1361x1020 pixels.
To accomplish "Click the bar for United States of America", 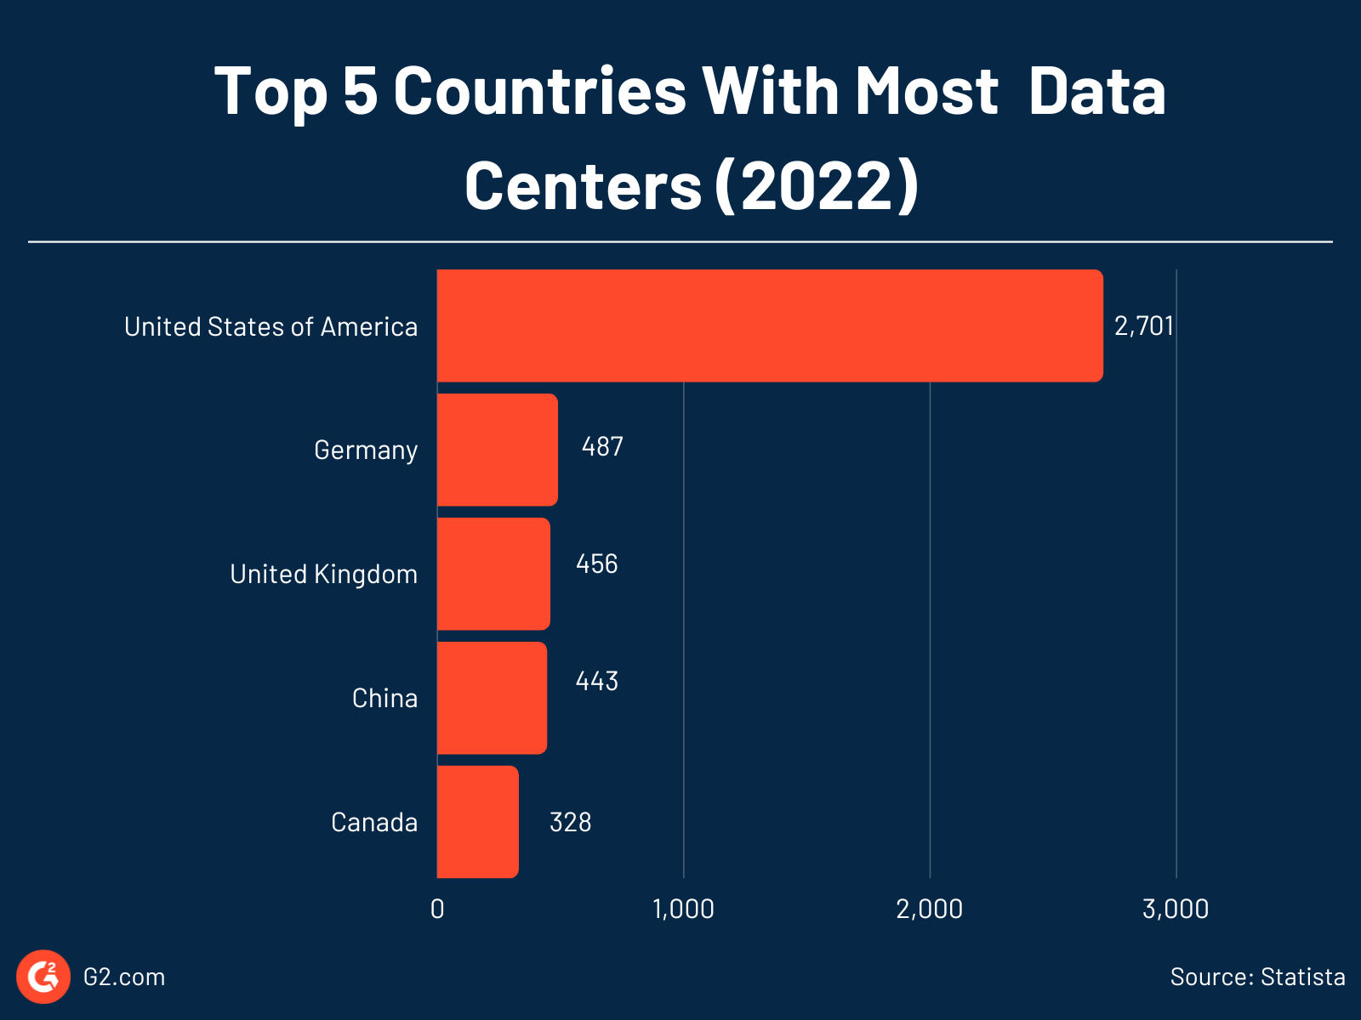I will pos(770,326).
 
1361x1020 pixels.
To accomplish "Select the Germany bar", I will pos(498,450).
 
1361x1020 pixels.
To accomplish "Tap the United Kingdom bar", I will pos(493,574).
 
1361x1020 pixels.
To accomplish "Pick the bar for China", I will pos(492,698).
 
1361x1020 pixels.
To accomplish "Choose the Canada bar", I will pos(477,822).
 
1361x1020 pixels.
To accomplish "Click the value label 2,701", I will pos(1143,326).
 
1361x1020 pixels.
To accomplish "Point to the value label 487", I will pos(602,447).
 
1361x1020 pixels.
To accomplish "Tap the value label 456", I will pos(596,564).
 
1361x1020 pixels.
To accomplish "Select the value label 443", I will pos(596,682).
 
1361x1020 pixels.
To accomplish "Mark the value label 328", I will pos(570,823).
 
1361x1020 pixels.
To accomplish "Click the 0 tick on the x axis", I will pos(437,909).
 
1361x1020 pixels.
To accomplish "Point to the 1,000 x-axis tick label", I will pos(683,909).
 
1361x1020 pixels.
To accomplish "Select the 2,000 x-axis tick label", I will pos(929,909).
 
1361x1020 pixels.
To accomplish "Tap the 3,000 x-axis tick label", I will pos(1176,909).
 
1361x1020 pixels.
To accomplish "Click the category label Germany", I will pos(366,450).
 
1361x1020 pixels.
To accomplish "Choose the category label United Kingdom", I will pos(323,575).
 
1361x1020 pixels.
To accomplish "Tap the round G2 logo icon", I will pos(43,977).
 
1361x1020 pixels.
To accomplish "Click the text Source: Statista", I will pos(1257,977).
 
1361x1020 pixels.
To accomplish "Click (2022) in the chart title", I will pos(817,185).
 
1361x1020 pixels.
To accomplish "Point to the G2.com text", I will pos(124,977).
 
